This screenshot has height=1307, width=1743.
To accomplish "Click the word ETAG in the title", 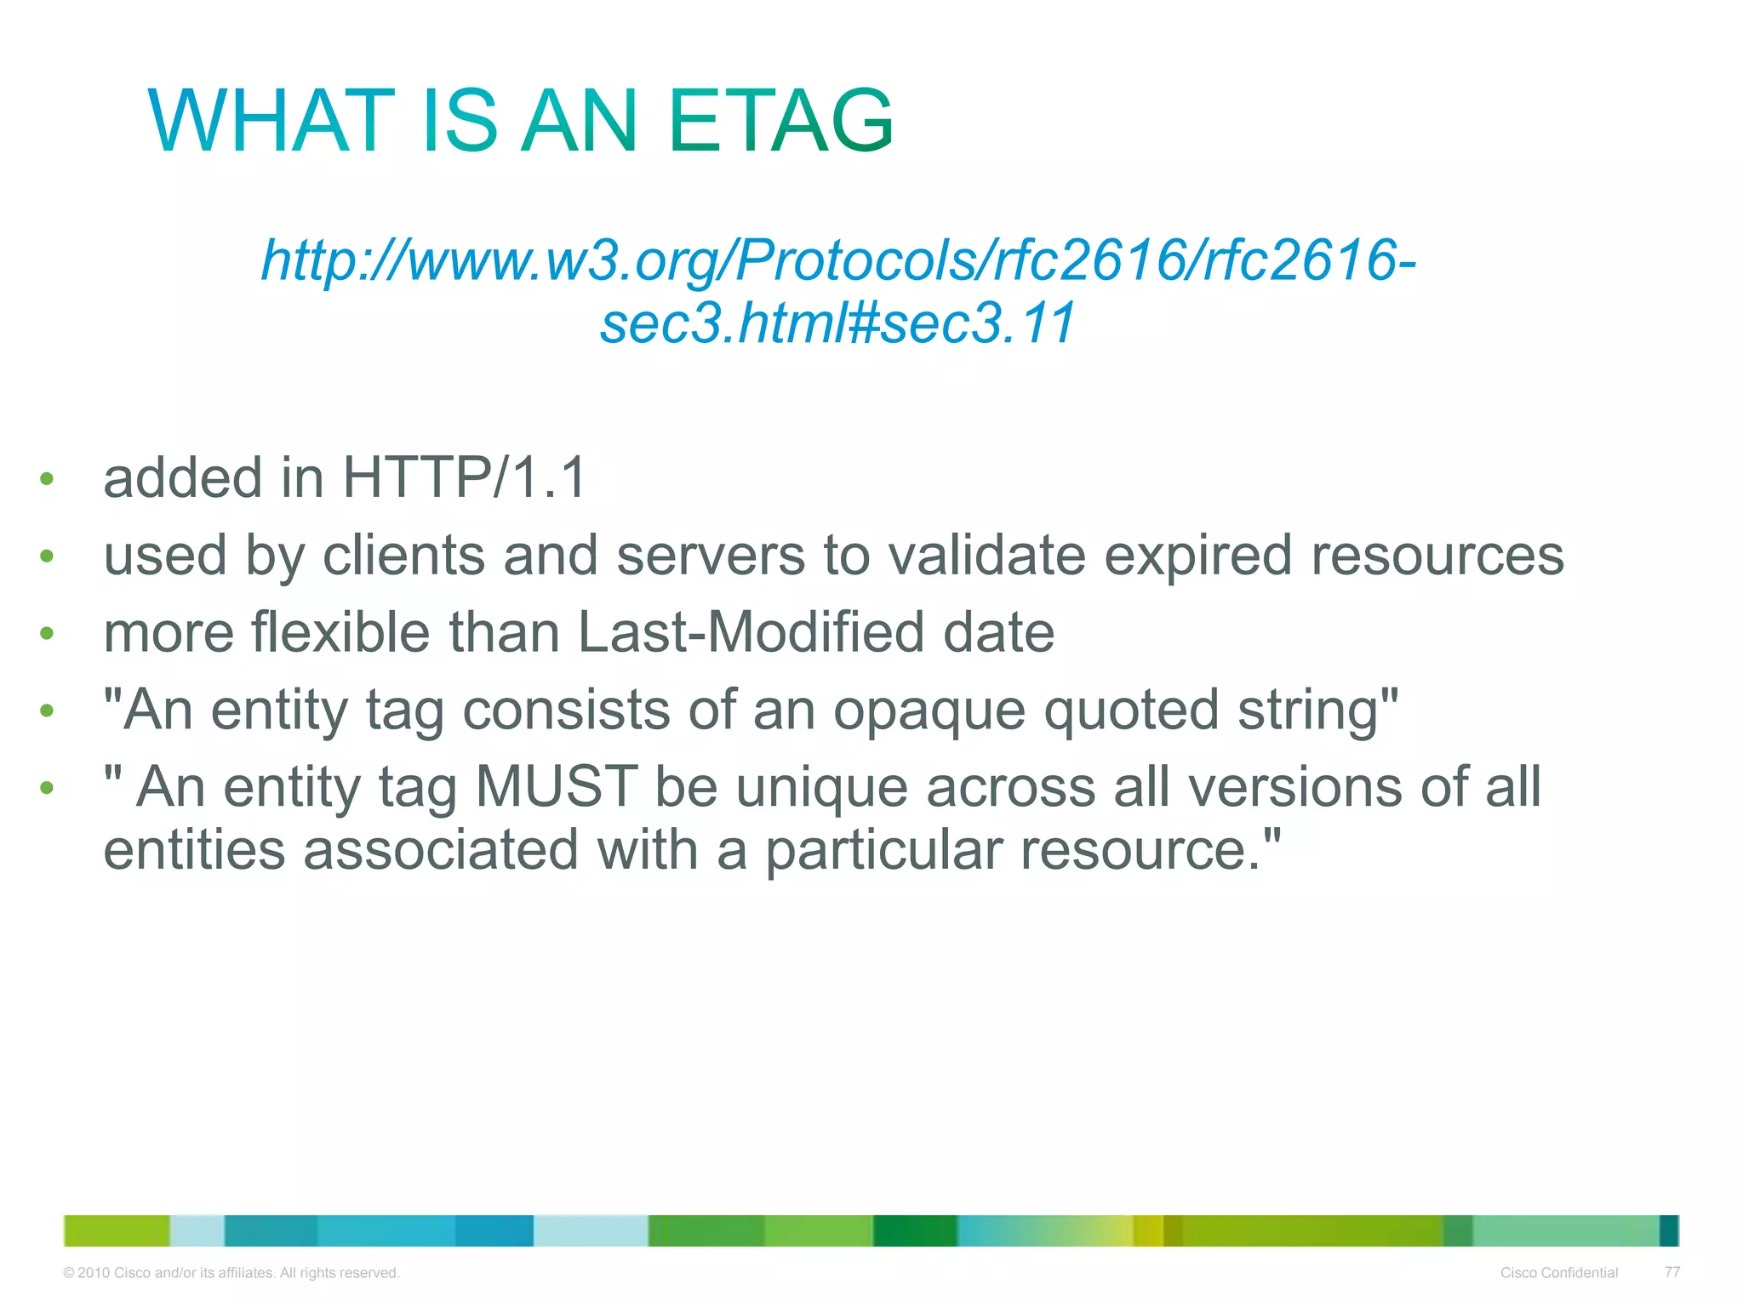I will (x=780, y=122).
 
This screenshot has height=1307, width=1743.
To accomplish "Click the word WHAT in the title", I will (x=271, y=122).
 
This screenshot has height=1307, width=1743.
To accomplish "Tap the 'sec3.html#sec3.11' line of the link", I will (x=838, y=324).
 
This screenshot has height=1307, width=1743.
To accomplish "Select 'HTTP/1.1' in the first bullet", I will (x=465, y=477).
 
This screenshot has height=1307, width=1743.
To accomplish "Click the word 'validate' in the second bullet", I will (x=987, y=556).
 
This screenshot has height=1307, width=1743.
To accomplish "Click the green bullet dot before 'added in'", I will (x=47, y=479).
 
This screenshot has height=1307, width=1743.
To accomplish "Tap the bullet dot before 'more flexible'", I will (x=47, y=634).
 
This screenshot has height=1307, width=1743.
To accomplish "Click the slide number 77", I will (x=1672, y=1272).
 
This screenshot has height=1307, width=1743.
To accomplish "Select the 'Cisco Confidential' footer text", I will (x=1558, y=1273).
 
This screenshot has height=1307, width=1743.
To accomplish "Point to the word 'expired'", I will (x=1197, y=556).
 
